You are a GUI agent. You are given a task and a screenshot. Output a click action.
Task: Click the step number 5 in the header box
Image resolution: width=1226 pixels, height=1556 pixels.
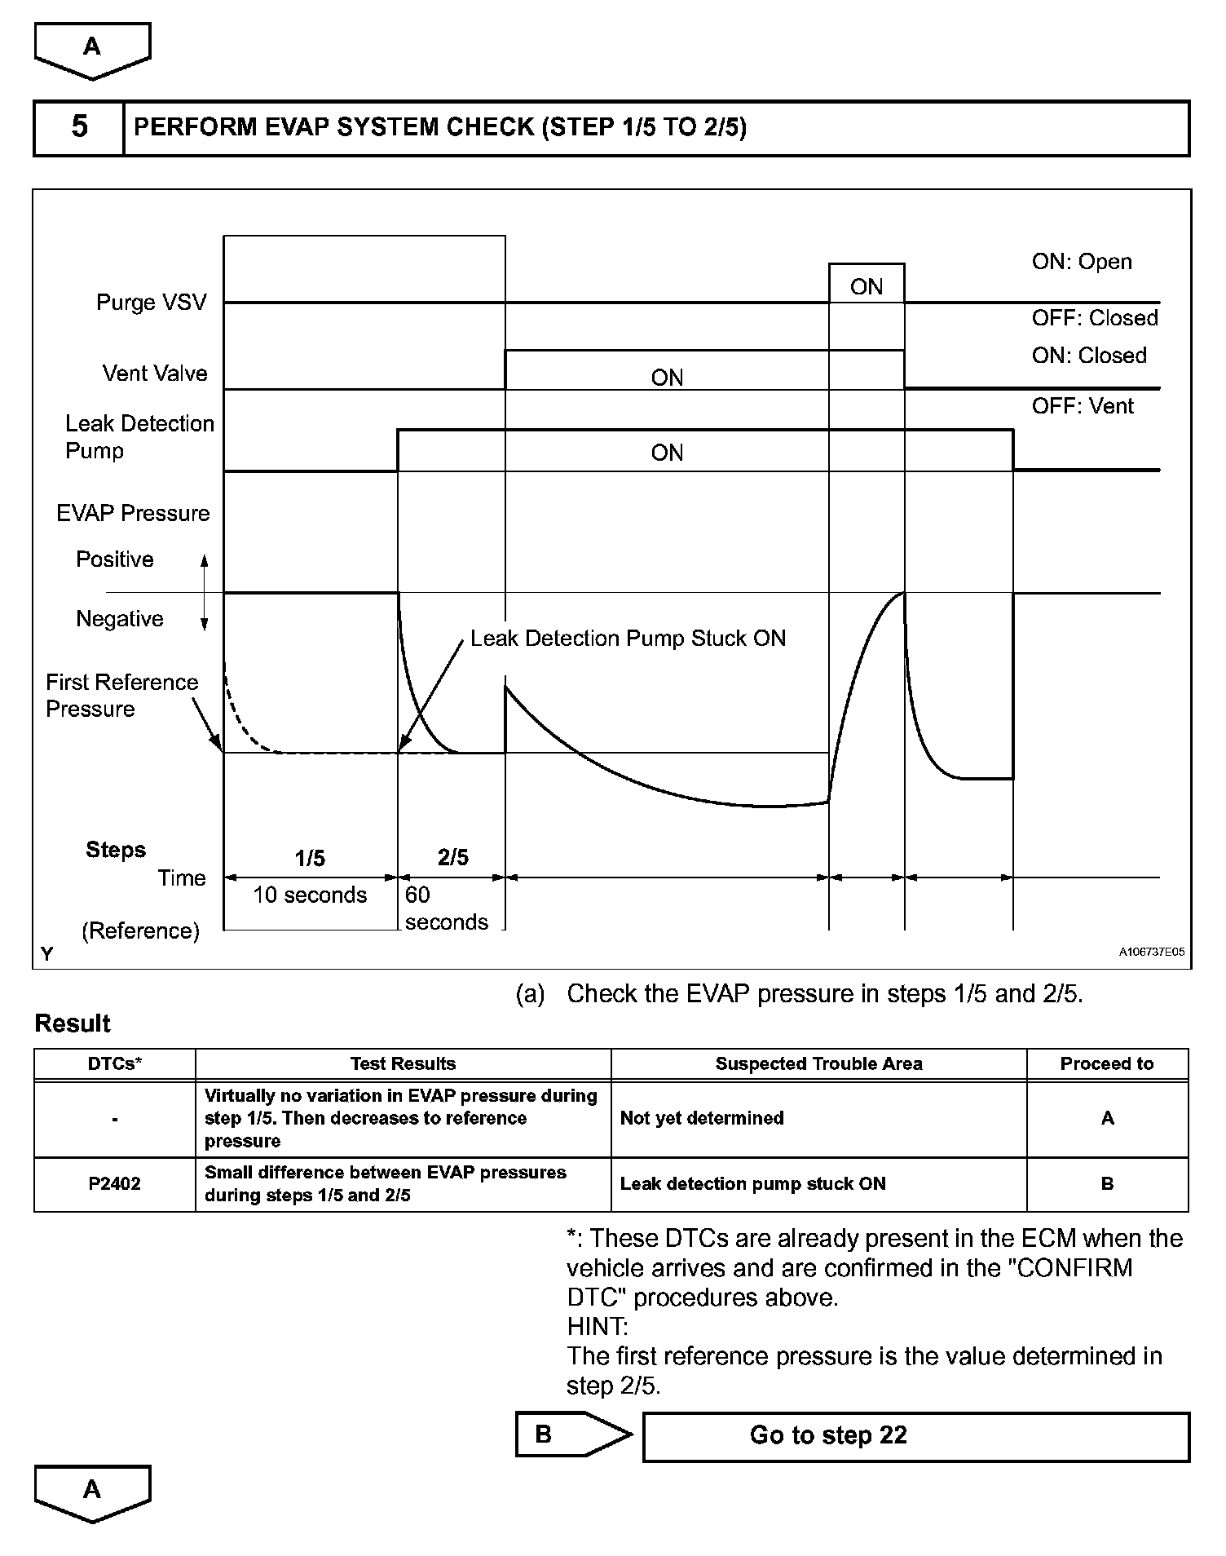point(79,127)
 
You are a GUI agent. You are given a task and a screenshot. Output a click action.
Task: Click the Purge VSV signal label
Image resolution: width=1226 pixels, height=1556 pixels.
point(152,303)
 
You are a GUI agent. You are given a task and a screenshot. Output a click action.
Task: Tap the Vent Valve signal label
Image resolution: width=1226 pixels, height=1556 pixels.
point(155,374)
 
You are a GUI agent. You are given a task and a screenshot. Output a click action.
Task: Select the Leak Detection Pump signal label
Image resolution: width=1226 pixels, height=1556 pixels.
point(139,437)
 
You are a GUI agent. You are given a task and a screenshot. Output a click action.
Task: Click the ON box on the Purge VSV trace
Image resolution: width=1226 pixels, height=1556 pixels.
point(867,286)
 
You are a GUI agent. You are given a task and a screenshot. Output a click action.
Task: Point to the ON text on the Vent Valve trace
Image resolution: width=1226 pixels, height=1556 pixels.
point(667,378)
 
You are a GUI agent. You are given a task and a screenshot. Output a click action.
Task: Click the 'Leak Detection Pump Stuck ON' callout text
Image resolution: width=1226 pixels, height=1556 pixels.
point(628,639)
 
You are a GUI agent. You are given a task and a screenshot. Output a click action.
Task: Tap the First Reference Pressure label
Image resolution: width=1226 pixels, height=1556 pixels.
point(121,696)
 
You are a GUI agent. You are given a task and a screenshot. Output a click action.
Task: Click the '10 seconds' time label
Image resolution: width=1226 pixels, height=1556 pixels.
point(310,895)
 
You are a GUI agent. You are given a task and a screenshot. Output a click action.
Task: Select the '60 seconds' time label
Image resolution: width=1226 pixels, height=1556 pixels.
point(446,908)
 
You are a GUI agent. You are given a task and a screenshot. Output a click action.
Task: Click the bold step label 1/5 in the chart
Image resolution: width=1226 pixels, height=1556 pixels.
point(310,858)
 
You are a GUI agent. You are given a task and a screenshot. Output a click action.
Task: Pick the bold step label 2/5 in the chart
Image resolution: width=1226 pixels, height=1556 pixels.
point(453,857)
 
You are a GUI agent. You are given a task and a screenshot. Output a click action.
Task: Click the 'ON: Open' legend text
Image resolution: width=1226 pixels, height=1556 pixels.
point(1082,262)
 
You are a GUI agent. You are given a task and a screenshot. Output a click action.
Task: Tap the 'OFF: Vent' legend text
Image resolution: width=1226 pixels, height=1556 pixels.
point(1083,406)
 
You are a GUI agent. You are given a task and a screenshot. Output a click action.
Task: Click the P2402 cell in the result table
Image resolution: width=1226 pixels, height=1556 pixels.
point(114,1184)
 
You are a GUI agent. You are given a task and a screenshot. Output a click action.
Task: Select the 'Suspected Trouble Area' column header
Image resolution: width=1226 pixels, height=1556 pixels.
point(818,1064)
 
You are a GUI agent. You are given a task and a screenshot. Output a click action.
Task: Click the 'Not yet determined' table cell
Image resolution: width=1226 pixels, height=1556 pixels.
point(702,1118)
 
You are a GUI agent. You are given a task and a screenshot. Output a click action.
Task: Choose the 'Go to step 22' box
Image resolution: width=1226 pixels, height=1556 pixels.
point(915,1435)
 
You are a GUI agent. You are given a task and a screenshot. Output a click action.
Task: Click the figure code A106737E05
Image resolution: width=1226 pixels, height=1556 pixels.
point(1151,952)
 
